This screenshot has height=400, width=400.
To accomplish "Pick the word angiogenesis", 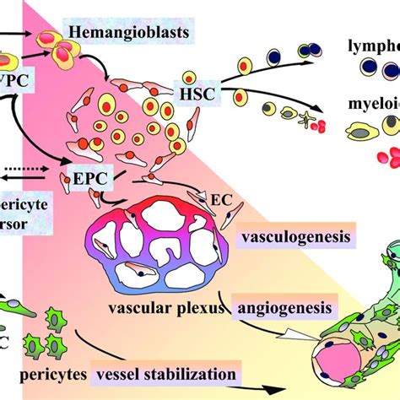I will tap(287, 306).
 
